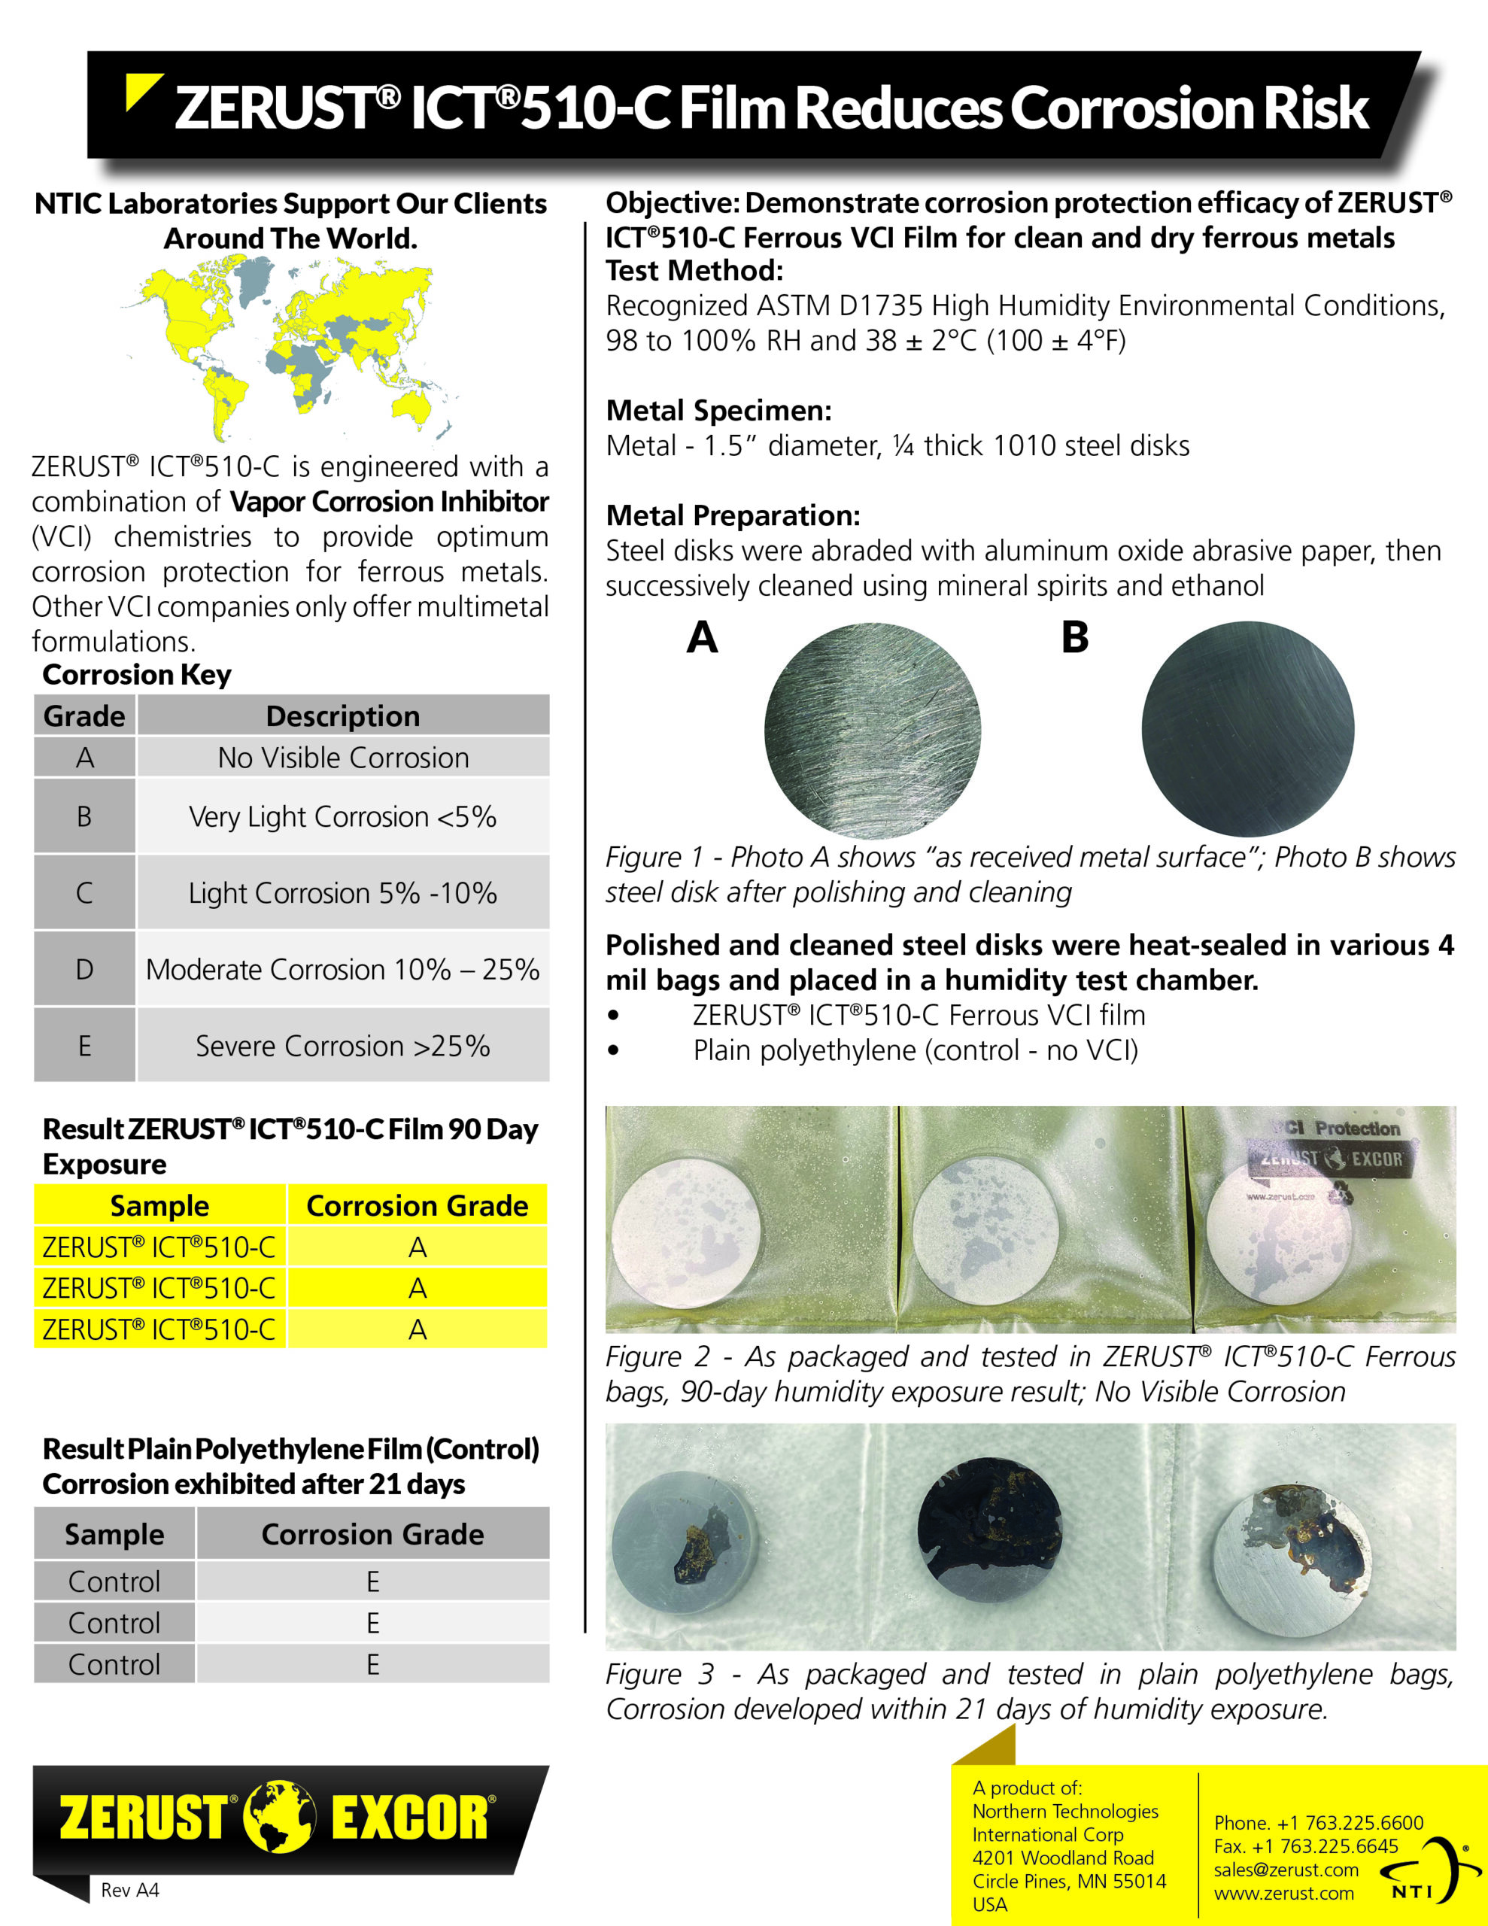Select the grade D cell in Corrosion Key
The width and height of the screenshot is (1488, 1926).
[85, 969]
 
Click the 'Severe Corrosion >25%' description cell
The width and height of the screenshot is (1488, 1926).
[343, 1046]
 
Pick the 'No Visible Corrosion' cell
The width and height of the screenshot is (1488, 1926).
[343, 758]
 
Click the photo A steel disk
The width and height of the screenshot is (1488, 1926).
[873, 731]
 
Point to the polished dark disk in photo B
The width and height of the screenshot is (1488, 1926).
[1247, 729]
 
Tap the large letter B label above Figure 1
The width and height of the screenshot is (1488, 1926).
[1074, 636]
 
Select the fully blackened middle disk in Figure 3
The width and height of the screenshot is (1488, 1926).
[990, 1535]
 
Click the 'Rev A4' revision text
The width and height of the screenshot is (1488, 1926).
[129, 1890]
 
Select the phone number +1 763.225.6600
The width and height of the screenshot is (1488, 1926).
[1319, 1823]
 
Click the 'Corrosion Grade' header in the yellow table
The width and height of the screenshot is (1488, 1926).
[418, 1205]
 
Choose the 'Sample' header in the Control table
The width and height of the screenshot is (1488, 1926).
[114, 1535]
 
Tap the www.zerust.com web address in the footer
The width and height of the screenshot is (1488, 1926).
[1283, 1894]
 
